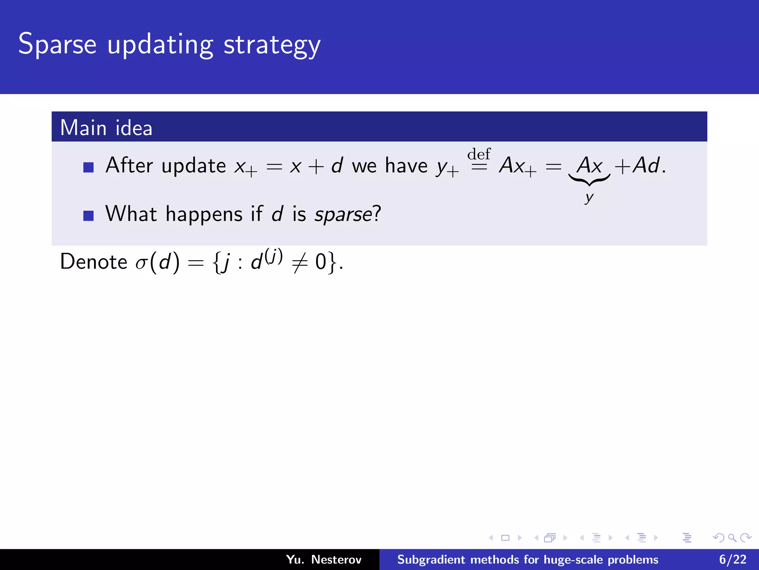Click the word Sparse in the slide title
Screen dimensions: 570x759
[x=57, y=44]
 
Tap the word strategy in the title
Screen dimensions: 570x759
[x=272, y=45]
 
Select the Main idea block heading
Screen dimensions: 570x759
[x=106, y=128]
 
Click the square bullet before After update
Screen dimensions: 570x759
[x=89, y=167]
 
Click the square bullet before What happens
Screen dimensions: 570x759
[x=89, y=216]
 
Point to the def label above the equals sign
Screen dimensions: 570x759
[x=479, y=154]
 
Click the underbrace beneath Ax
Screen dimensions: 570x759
[x=589, y=180]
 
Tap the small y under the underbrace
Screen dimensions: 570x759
[x=589, y=197]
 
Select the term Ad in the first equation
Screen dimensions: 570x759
[x=646, y=165]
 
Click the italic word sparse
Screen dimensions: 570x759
[x=343, y=214]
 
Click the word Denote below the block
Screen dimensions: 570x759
[x=94, y=262]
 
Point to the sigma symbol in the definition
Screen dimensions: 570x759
[x=141, y=263]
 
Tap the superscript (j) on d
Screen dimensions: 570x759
[x=274, y=256]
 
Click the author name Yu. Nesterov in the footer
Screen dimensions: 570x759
[x=324, y=559]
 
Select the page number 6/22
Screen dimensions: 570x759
[x=732, y=559]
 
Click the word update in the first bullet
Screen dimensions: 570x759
[x=193, y=166]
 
